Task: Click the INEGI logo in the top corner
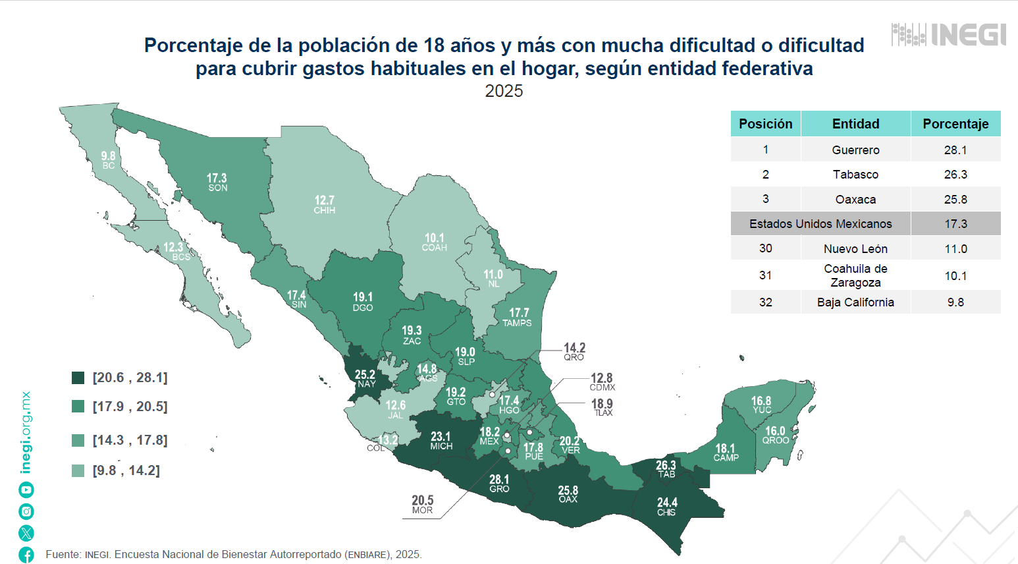tap(949, 34)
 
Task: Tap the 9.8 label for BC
tap(108, 160)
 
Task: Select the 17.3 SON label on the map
tap(217, 183)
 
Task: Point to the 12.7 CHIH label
tap(325, 205)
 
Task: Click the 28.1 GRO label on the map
tap(499, 484)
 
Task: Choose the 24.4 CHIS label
tap(666, 507)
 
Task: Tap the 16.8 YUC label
tap(761, 405)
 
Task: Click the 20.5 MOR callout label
tap(422, 505)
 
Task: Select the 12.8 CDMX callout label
tap(602, 382)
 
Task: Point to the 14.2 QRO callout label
tap(574, 352)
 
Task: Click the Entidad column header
tap(856, 124)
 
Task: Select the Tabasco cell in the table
tap(856, 174)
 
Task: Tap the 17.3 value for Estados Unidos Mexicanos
tap(955, 224)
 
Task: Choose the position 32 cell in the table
tap(766, 302)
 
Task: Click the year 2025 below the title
tap(504, 91)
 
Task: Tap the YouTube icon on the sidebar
tap(26, 490)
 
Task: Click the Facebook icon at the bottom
tap(26, 555)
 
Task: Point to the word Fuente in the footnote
tap(63, 555)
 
